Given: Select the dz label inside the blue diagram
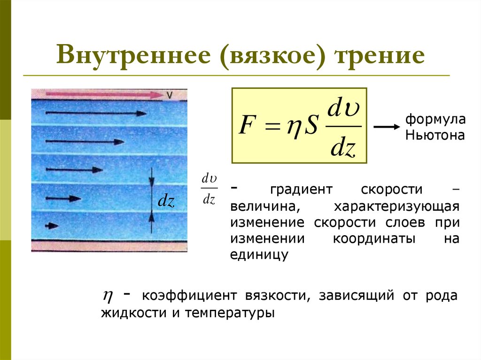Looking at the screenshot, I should [166, 202].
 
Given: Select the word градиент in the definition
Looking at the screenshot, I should [301, 190].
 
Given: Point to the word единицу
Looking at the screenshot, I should [258, 255].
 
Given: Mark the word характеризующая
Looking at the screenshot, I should [396, 207].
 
